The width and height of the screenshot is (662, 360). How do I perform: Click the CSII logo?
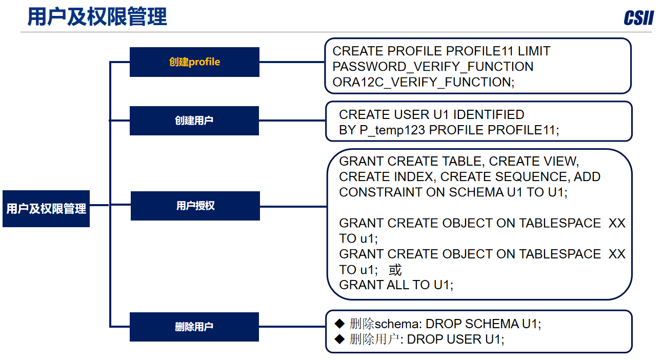tap(638, 18)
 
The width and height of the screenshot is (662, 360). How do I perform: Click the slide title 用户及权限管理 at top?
tap(97, 17)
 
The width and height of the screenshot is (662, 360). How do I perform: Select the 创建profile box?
tap(194, 62)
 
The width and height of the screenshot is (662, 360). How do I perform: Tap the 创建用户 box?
tap(194, 121)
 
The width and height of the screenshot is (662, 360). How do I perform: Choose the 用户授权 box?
tap(195, 206)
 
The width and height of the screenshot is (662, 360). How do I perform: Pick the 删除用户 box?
tap(194, 327)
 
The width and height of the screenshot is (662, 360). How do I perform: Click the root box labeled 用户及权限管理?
tap(46, 209)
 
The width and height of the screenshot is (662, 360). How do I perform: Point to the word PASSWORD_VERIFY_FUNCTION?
tap(433, 67)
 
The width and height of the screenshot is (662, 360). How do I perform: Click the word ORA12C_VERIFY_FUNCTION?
tap(424, 82)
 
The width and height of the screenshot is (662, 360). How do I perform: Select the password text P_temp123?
tap(392, 130)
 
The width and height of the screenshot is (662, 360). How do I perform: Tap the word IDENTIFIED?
tap(489, 114)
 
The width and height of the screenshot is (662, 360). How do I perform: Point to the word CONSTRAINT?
tap(380, 192)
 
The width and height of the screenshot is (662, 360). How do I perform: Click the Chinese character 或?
tap(395, 270)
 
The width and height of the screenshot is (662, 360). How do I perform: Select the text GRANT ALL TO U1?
tap(396, 285)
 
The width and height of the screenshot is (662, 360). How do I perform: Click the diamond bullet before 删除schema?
tap(339, 324)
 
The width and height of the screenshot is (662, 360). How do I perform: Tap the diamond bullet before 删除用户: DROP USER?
tap(339, 339)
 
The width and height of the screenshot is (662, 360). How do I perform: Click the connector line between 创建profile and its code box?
tap(292, 62)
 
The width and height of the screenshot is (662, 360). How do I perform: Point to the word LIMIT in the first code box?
tap(534, 51)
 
